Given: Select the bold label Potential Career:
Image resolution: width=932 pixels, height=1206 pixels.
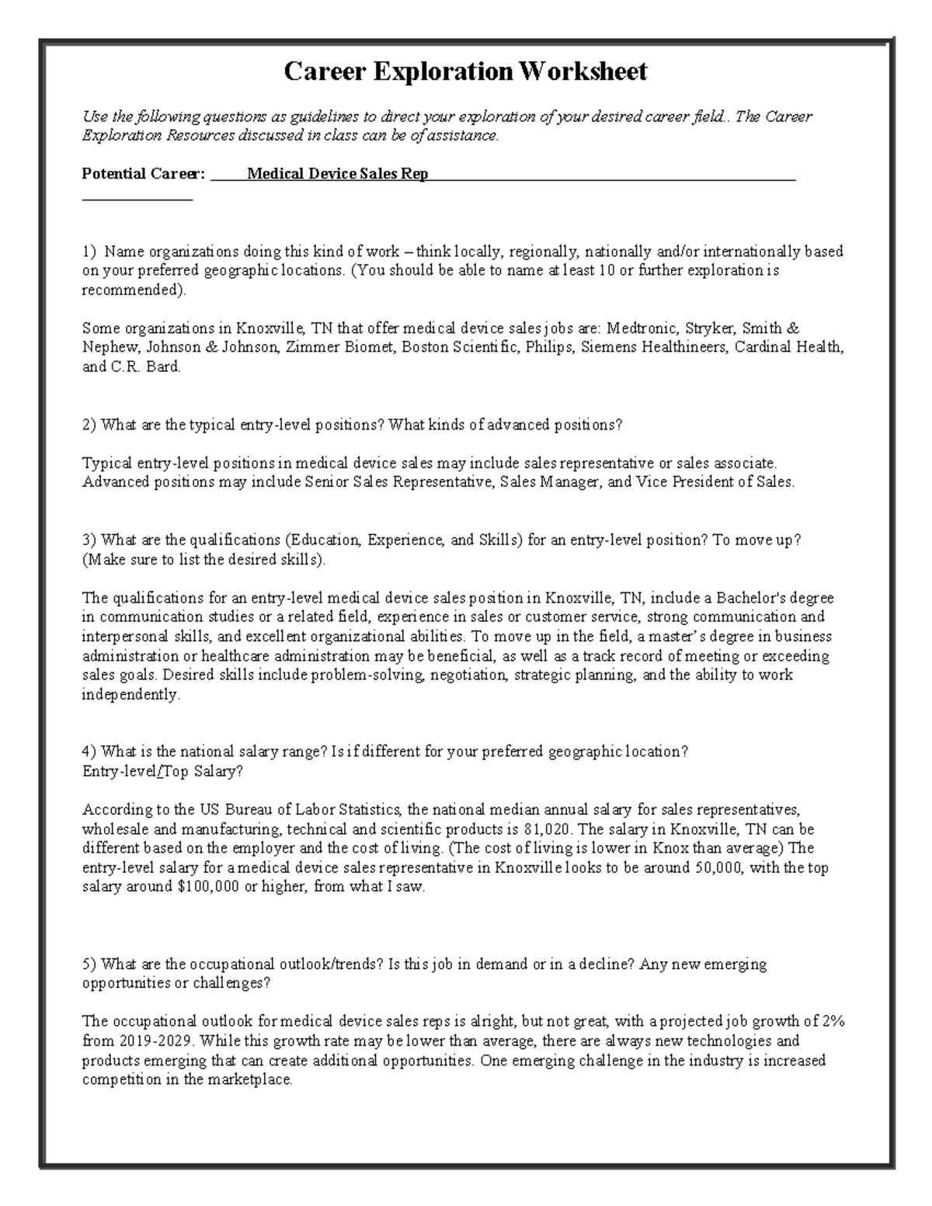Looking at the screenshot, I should pos(144,174).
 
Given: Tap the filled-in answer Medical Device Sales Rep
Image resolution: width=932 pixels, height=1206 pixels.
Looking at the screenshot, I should pos(337,174).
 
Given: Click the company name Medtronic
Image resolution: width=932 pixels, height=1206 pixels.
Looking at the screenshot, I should pos(645,328).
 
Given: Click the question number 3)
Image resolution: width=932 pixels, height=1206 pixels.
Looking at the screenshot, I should pos(90,540).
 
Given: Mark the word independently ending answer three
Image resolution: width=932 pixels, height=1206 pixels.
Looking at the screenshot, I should pos(130,695).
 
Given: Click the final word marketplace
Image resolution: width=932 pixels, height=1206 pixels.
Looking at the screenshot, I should pos(253,1079).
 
